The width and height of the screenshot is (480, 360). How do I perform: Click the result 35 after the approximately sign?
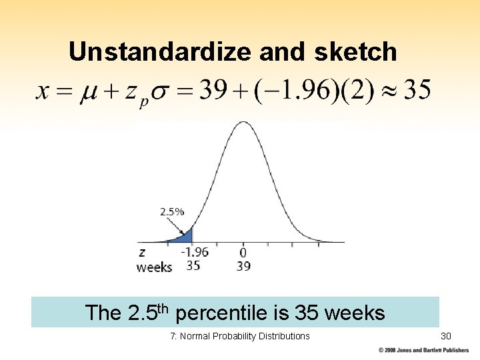coord(417,89)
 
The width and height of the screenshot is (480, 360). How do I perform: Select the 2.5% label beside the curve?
coord(171,212)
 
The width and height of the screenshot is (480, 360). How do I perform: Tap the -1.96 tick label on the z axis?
coord(194,253)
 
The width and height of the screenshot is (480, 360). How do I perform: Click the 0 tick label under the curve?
coord(243,253)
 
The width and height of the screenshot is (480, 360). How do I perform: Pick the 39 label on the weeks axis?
coord(243,266)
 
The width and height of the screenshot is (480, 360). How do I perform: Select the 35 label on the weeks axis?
coord(193,266)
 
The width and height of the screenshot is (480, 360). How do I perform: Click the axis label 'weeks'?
coord(154,267)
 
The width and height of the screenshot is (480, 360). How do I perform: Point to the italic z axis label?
coord(141,253)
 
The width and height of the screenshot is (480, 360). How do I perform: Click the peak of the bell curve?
coord(243,124)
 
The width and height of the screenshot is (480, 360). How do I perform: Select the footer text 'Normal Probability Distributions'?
coord(245,336)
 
